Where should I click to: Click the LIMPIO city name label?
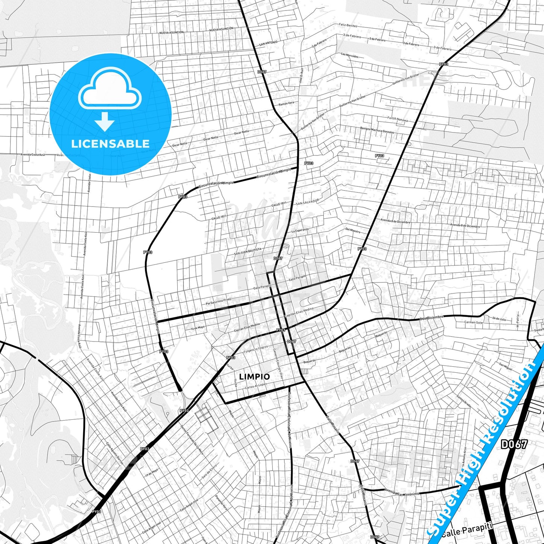pos(254,376)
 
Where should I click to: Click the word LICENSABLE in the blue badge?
pos(110,143)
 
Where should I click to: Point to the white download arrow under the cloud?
pos(104,122)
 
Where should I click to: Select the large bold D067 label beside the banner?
pos(514,444)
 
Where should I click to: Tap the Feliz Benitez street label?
pos(348,25)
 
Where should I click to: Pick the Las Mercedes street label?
pos(350,55)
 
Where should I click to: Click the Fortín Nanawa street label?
pos(398,119)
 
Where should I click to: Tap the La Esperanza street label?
pos(300,230)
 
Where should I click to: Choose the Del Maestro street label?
pos(353,230)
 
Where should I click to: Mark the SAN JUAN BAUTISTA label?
pos(248,251)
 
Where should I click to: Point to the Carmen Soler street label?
pos(474,322)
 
